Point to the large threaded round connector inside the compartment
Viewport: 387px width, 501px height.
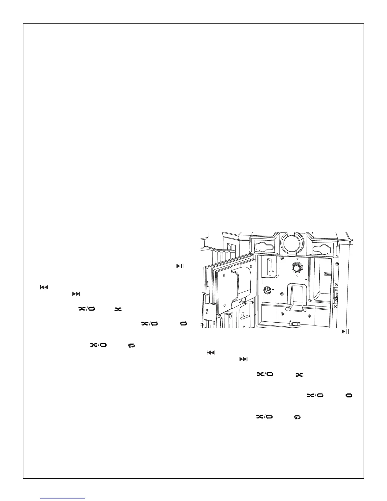pyautogui.click(x=297, y=267)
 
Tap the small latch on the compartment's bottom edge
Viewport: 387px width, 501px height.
pyautogui.click(x=294, y=324)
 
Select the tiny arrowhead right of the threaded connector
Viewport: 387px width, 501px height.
pyautogui.click(x=306, y=280)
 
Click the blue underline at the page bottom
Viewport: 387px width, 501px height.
pyautogui.click(x=63, y=498)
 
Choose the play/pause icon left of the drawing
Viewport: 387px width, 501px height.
pyautogui.click(x=180, y=266)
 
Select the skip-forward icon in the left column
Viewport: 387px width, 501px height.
pyautogui.click(x=77, y=294)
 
